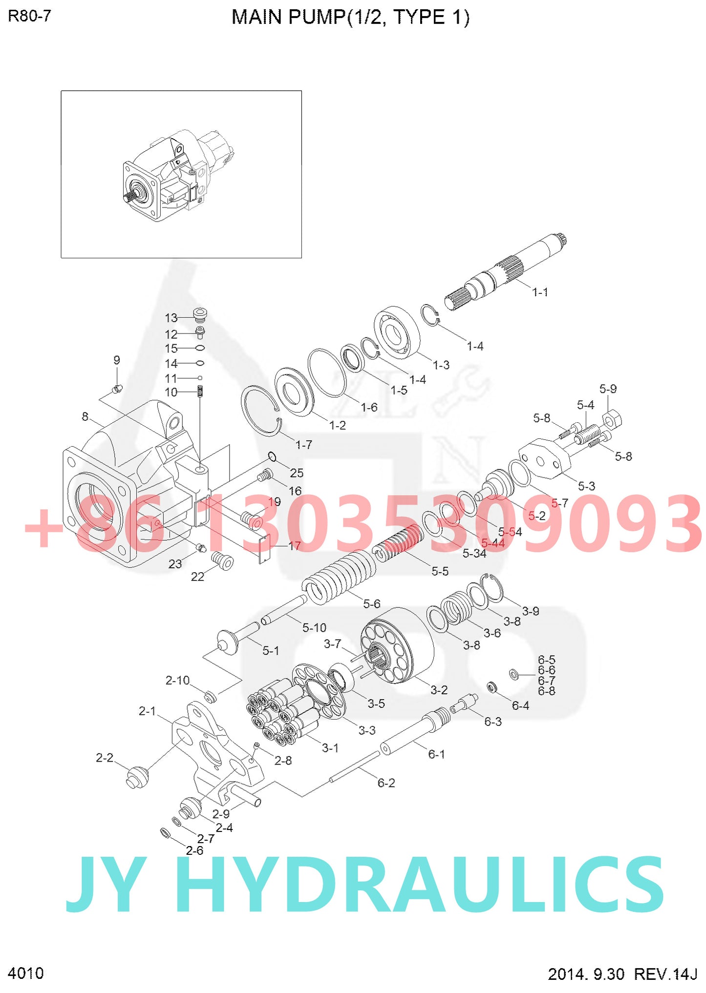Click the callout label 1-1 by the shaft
click(539, 292)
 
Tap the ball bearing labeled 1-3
click(396, 332)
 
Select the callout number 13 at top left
click(171, 318)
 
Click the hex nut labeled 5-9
click(611, 419)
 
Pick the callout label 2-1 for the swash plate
click(147, 711)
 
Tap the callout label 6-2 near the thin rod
click(386, 783)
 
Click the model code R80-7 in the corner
click(29, 16)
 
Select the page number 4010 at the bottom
click(26, 973)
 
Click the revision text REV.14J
click(665, 974)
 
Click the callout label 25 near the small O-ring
click(297, 473)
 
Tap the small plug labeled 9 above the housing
click(117, 389)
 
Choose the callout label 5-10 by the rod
click(314, 627)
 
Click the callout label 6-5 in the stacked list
click(546, 660)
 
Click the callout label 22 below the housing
click(197, 577)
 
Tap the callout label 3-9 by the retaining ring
click(530, 611)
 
